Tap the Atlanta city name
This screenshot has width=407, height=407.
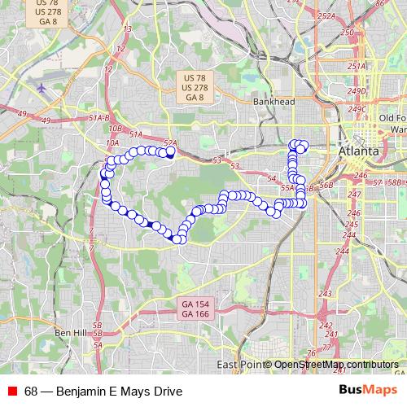click(359, 151)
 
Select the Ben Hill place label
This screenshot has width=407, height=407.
click(70, 333)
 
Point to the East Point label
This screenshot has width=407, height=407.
click(238, 365)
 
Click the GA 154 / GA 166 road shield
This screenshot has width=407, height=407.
click(195, 309)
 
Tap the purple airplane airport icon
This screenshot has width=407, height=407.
click(42, 87)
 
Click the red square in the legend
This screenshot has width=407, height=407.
click(11, 391)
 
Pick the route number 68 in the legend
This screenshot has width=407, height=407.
click(31, 391)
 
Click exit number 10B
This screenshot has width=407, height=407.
click(115, 128)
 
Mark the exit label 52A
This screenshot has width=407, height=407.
click(169, 142)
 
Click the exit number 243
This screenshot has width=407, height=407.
click(326, 294)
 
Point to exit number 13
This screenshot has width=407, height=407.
click(126, 29)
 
